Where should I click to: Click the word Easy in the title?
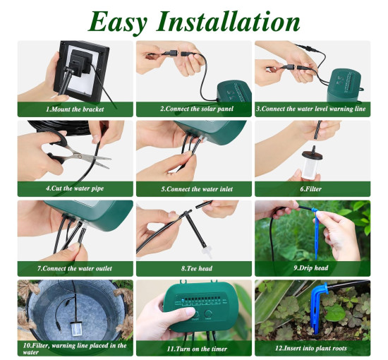[118, 23]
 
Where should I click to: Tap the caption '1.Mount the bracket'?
[75, 109]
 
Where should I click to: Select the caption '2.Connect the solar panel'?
[197, 109]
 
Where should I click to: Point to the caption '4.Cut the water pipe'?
[75, 188]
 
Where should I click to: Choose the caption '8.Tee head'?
[197, 269]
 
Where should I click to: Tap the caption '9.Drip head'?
[311, 268]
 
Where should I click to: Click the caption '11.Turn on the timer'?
[197, 349]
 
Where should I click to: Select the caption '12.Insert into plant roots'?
[311, 349]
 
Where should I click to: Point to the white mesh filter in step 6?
[311, 162]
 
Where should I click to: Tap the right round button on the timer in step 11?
[208, 314]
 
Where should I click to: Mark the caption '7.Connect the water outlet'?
[75, 269]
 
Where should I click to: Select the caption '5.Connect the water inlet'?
[197, 189]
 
